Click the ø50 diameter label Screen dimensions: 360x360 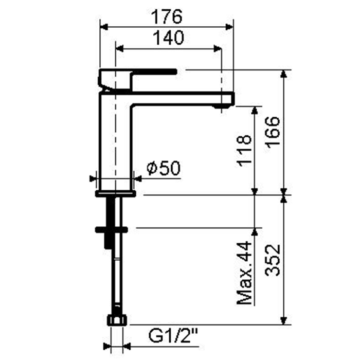click(164, 168)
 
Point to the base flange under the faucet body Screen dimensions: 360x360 click(116, 193)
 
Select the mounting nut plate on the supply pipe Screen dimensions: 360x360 click(111, 228)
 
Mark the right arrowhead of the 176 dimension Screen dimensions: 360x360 click(231, 26)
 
